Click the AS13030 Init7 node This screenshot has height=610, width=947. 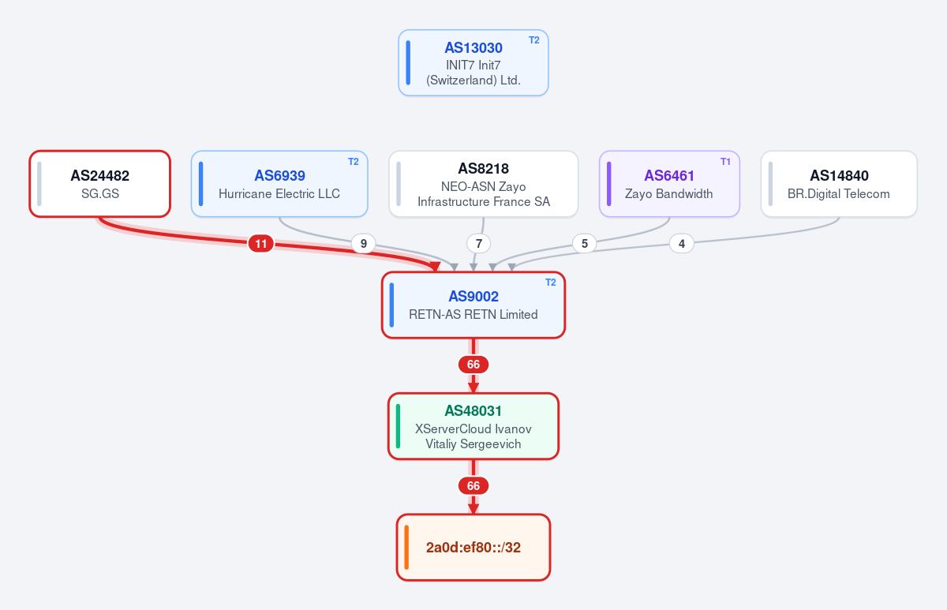473,62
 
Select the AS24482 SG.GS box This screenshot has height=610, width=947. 99,184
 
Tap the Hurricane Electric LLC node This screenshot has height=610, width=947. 279,184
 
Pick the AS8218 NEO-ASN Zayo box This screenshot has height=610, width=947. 483,184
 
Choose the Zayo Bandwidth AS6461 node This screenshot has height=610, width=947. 669,184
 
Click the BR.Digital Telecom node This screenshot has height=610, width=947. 839,184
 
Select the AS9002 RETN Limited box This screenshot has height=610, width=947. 473,305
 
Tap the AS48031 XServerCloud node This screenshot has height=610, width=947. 473,426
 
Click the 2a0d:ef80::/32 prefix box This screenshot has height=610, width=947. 473,548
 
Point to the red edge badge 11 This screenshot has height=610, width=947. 261,244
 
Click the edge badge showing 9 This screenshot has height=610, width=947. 363,244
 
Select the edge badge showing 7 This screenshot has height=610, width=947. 478,244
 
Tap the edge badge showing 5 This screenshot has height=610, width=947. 584,244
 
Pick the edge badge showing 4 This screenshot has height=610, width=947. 682,244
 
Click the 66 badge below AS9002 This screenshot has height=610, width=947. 473,365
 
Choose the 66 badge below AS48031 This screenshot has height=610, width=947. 473,486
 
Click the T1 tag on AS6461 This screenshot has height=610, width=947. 725,162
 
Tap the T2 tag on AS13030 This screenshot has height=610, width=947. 534,40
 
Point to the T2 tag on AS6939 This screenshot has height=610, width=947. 353,162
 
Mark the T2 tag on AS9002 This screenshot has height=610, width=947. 551,283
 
